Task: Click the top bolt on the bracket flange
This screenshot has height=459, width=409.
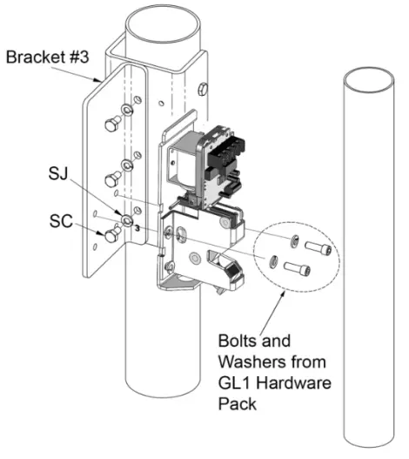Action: click(112, 125)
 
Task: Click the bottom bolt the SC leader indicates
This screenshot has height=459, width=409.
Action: click(112, 234)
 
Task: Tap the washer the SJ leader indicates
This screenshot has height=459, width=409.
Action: click(128, 220)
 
